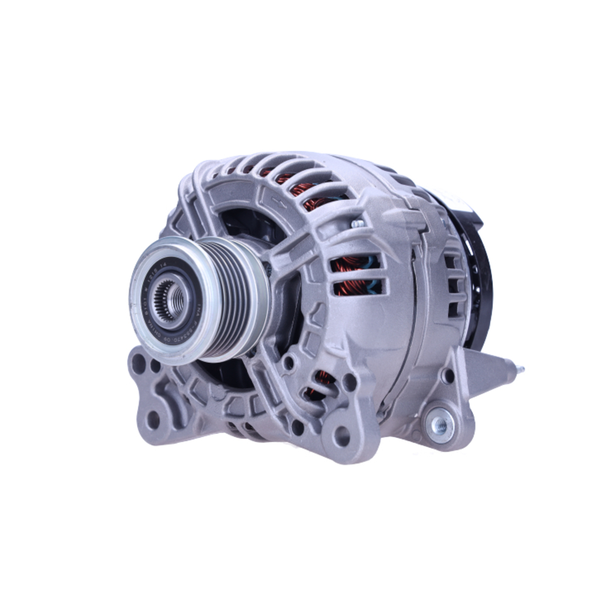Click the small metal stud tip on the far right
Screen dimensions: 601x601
(520, 369)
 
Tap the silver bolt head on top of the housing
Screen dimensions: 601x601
(357, 223)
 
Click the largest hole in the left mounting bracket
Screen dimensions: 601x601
(139, 364)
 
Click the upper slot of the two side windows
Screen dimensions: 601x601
(355, 263)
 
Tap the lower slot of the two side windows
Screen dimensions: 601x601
(357, 287)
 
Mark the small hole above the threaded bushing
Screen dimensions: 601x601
(448, 376)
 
